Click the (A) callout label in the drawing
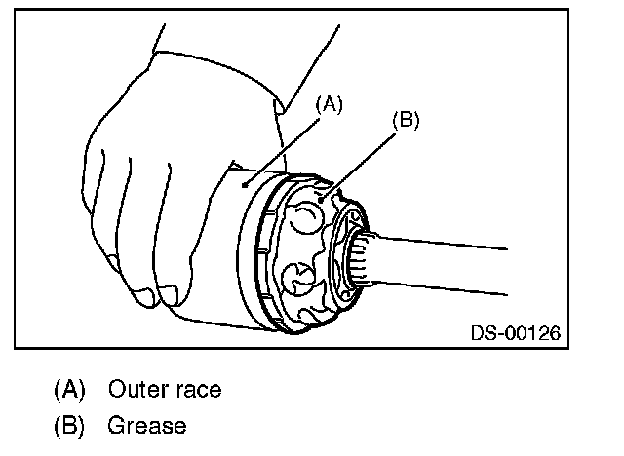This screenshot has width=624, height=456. [x=330, y=105]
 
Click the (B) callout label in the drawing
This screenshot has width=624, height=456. [x=405, y=121]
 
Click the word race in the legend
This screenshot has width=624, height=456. [x=198, y=391]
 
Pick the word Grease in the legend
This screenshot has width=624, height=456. [x=146, y=426]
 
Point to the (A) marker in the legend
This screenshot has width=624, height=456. [x=68, y=390]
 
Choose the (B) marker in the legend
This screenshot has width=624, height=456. [x=68, y=426]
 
